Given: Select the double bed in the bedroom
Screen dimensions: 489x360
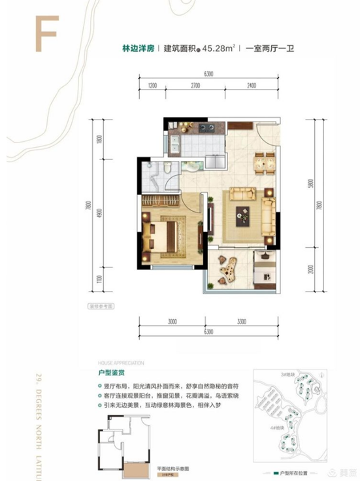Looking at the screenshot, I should point(169,232).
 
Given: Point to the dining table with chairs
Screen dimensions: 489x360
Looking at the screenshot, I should point(265,160).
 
